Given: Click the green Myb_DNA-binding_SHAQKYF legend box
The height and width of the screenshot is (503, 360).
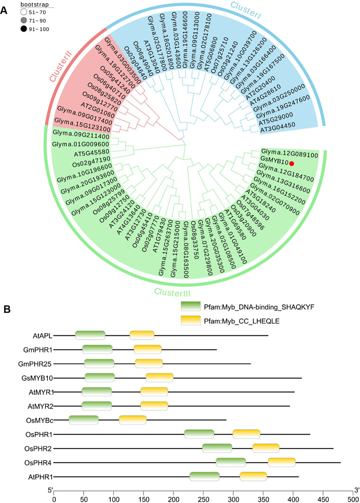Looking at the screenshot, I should pyautogui.click(x=195, y=307).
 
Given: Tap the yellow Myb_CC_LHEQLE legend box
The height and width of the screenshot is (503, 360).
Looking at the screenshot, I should pyautogui.click(x=195, y=321).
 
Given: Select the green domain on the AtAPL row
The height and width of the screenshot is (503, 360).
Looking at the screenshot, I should pyautogui.click(x=90, y=336).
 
